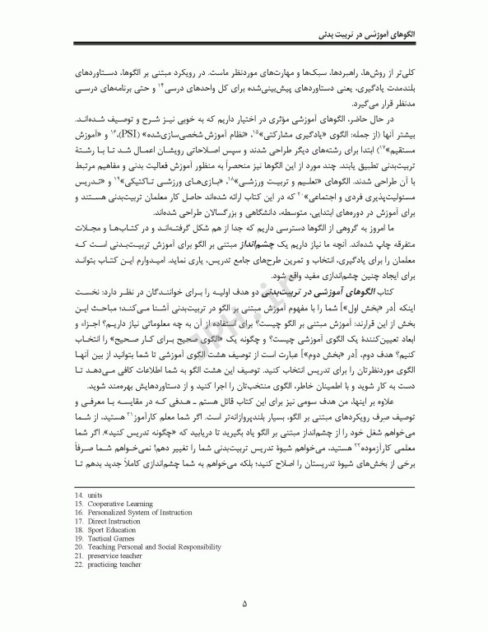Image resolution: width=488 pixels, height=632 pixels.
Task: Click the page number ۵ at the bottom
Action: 244,602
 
